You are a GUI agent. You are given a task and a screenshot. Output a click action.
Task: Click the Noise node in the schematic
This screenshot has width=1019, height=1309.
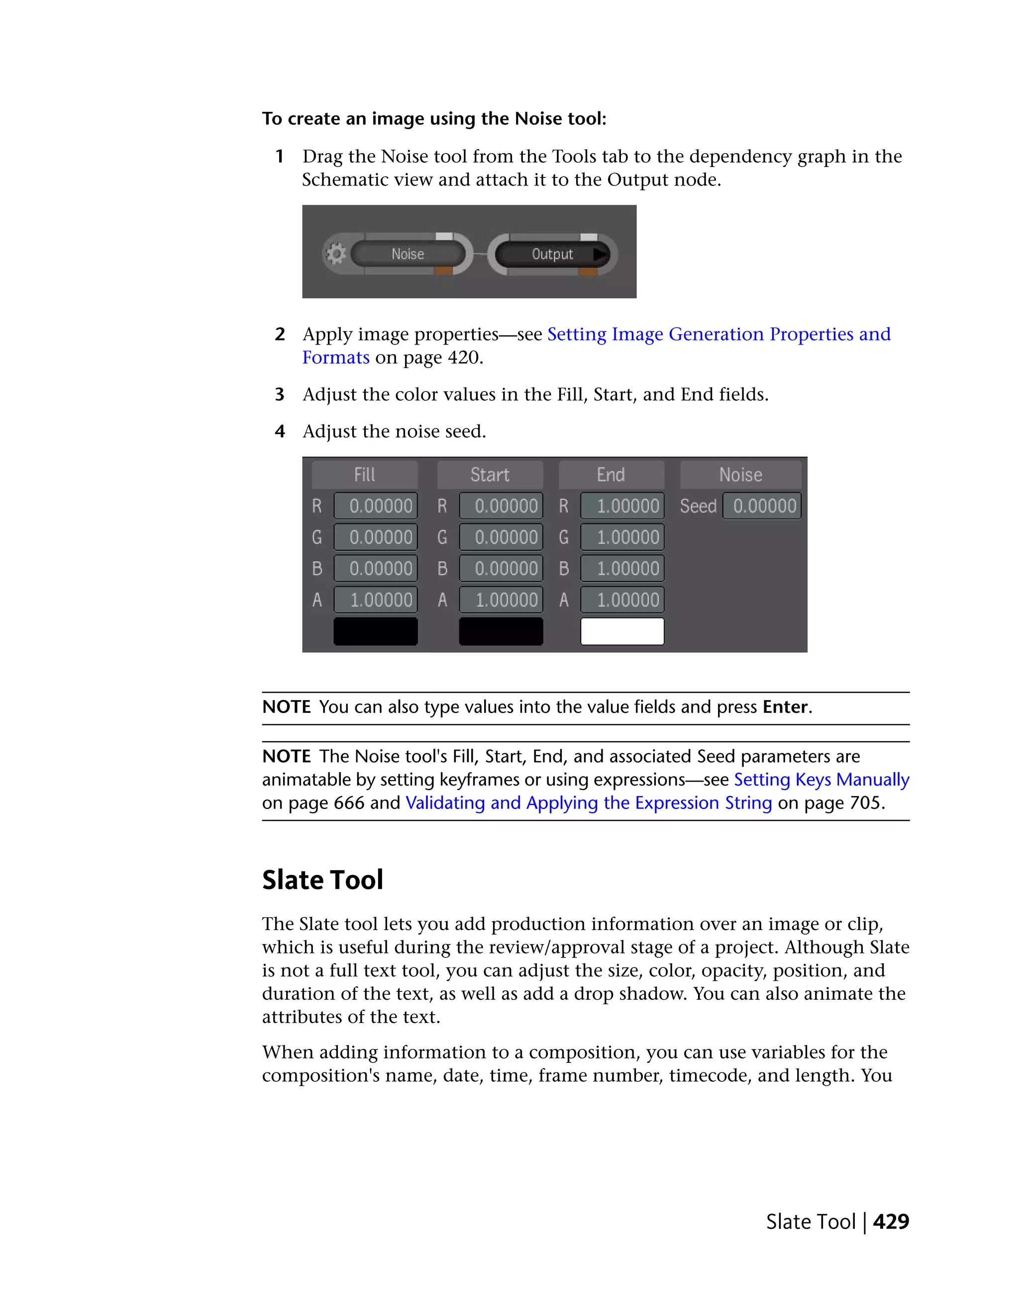click(408, 254)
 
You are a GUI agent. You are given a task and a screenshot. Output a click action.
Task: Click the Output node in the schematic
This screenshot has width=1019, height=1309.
click(552, 254)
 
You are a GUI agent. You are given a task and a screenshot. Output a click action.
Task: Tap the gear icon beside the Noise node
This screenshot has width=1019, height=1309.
click(336, 254)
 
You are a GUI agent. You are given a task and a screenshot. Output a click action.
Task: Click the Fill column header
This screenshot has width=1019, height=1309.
click(365, 475)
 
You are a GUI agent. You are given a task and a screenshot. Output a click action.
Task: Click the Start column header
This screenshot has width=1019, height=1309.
click(490, 475)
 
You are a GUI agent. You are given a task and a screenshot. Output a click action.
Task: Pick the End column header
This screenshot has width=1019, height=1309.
click(611, 475)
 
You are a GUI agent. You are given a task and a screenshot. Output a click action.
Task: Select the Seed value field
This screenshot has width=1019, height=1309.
click(762, 506)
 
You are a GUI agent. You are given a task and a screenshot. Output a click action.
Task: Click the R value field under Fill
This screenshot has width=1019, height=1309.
click(376, 506)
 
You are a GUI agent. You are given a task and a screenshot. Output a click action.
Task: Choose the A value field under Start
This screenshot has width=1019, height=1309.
click(502, 600)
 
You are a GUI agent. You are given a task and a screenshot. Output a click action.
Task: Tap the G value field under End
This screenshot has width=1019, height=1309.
click(622, 537)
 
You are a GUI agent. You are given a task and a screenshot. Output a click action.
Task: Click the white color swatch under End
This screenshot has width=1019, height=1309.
click(622, 631)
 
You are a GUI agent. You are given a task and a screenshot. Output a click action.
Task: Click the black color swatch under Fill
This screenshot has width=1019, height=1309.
click(376, 631)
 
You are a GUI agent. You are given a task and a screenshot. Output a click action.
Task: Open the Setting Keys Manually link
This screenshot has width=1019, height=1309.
click(821, 779)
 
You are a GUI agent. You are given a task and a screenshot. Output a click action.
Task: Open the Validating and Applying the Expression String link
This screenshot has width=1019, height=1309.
click(589, 802)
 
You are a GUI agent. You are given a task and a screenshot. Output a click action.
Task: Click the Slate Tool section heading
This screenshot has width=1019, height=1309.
click(323, 880)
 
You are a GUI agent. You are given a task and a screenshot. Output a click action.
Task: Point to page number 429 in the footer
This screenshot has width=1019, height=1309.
click(891, 1222)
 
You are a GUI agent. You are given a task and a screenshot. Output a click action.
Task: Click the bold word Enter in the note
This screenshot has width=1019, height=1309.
click(785, 707)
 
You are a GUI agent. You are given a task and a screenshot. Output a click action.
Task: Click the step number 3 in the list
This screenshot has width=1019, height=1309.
click(280, 394)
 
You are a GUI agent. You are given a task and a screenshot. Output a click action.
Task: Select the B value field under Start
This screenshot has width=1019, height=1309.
click(502, 568)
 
